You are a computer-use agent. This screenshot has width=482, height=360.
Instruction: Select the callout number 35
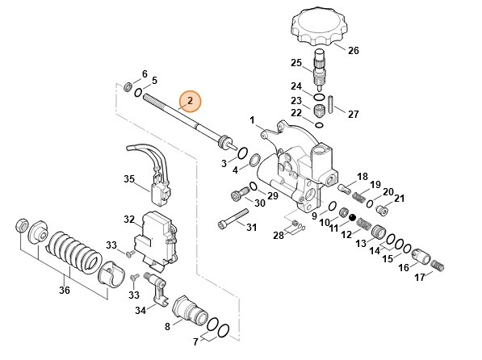click(129, 178)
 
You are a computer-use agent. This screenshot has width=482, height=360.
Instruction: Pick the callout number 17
click(418, 278)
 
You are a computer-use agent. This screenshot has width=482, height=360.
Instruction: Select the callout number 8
click(168, 327)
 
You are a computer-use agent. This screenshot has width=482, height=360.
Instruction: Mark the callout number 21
click(399, 199)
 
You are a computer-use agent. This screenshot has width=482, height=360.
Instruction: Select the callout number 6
click(145, 73)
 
